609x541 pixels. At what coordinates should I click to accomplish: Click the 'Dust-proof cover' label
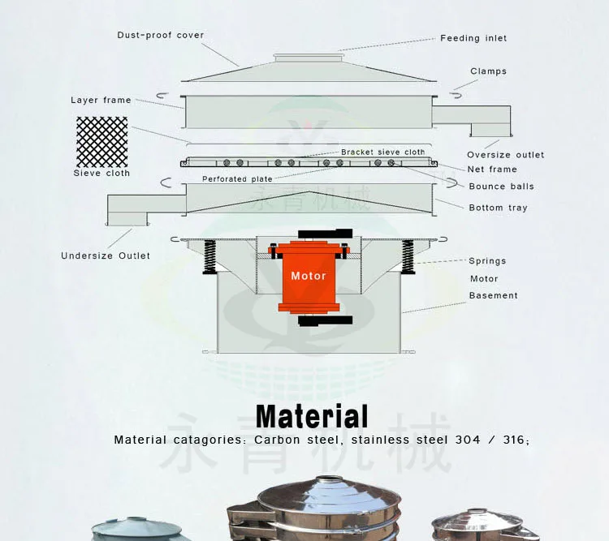point(161,36)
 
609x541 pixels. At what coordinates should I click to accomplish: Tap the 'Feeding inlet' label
point(473,38)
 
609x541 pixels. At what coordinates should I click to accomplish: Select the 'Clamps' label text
point(488,71)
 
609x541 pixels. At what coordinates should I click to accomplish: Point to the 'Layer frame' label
point(101,101)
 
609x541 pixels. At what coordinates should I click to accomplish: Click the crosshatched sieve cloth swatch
point(101,142)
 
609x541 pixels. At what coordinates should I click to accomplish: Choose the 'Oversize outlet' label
point(505,155)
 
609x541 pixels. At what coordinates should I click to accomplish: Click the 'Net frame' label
point(492,170)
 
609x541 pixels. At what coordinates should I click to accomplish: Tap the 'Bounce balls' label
point(501,187)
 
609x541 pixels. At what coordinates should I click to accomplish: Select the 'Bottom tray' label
point(498,208)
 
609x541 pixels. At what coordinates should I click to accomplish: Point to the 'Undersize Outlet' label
point(106,256)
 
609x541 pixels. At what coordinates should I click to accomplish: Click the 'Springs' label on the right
point(487,261)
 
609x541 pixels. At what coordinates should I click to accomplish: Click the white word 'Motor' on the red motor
point(309,276)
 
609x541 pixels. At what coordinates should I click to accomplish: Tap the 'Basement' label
point(493,296)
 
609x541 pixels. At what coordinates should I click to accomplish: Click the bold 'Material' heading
point(312,417)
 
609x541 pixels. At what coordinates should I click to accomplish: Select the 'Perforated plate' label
point(237,179)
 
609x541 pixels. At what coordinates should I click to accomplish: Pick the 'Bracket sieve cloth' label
point(382,152)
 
